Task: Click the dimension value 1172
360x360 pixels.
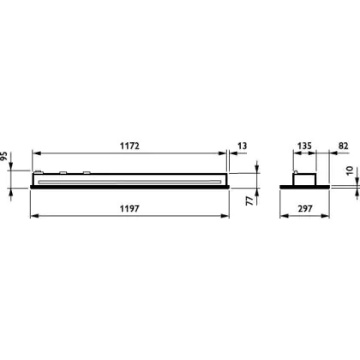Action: [x=129, y=146]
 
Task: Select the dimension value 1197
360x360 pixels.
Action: [x=129, y=209]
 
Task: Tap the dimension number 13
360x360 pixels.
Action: [x=242, y=146]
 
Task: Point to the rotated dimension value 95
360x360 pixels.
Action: [x=3, y=156]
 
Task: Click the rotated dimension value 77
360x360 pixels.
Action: [x=249, y=201]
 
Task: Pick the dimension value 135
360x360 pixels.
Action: [x=304, y=146]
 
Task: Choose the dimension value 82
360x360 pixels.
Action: [x=343, y=146]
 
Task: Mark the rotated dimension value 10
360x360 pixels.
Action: [x=350, y=171]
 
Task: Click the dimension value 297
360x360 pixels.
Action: [x=305, y=209]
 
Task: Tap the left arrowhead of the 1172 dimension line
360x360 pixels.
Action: [x=36, y=153]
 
